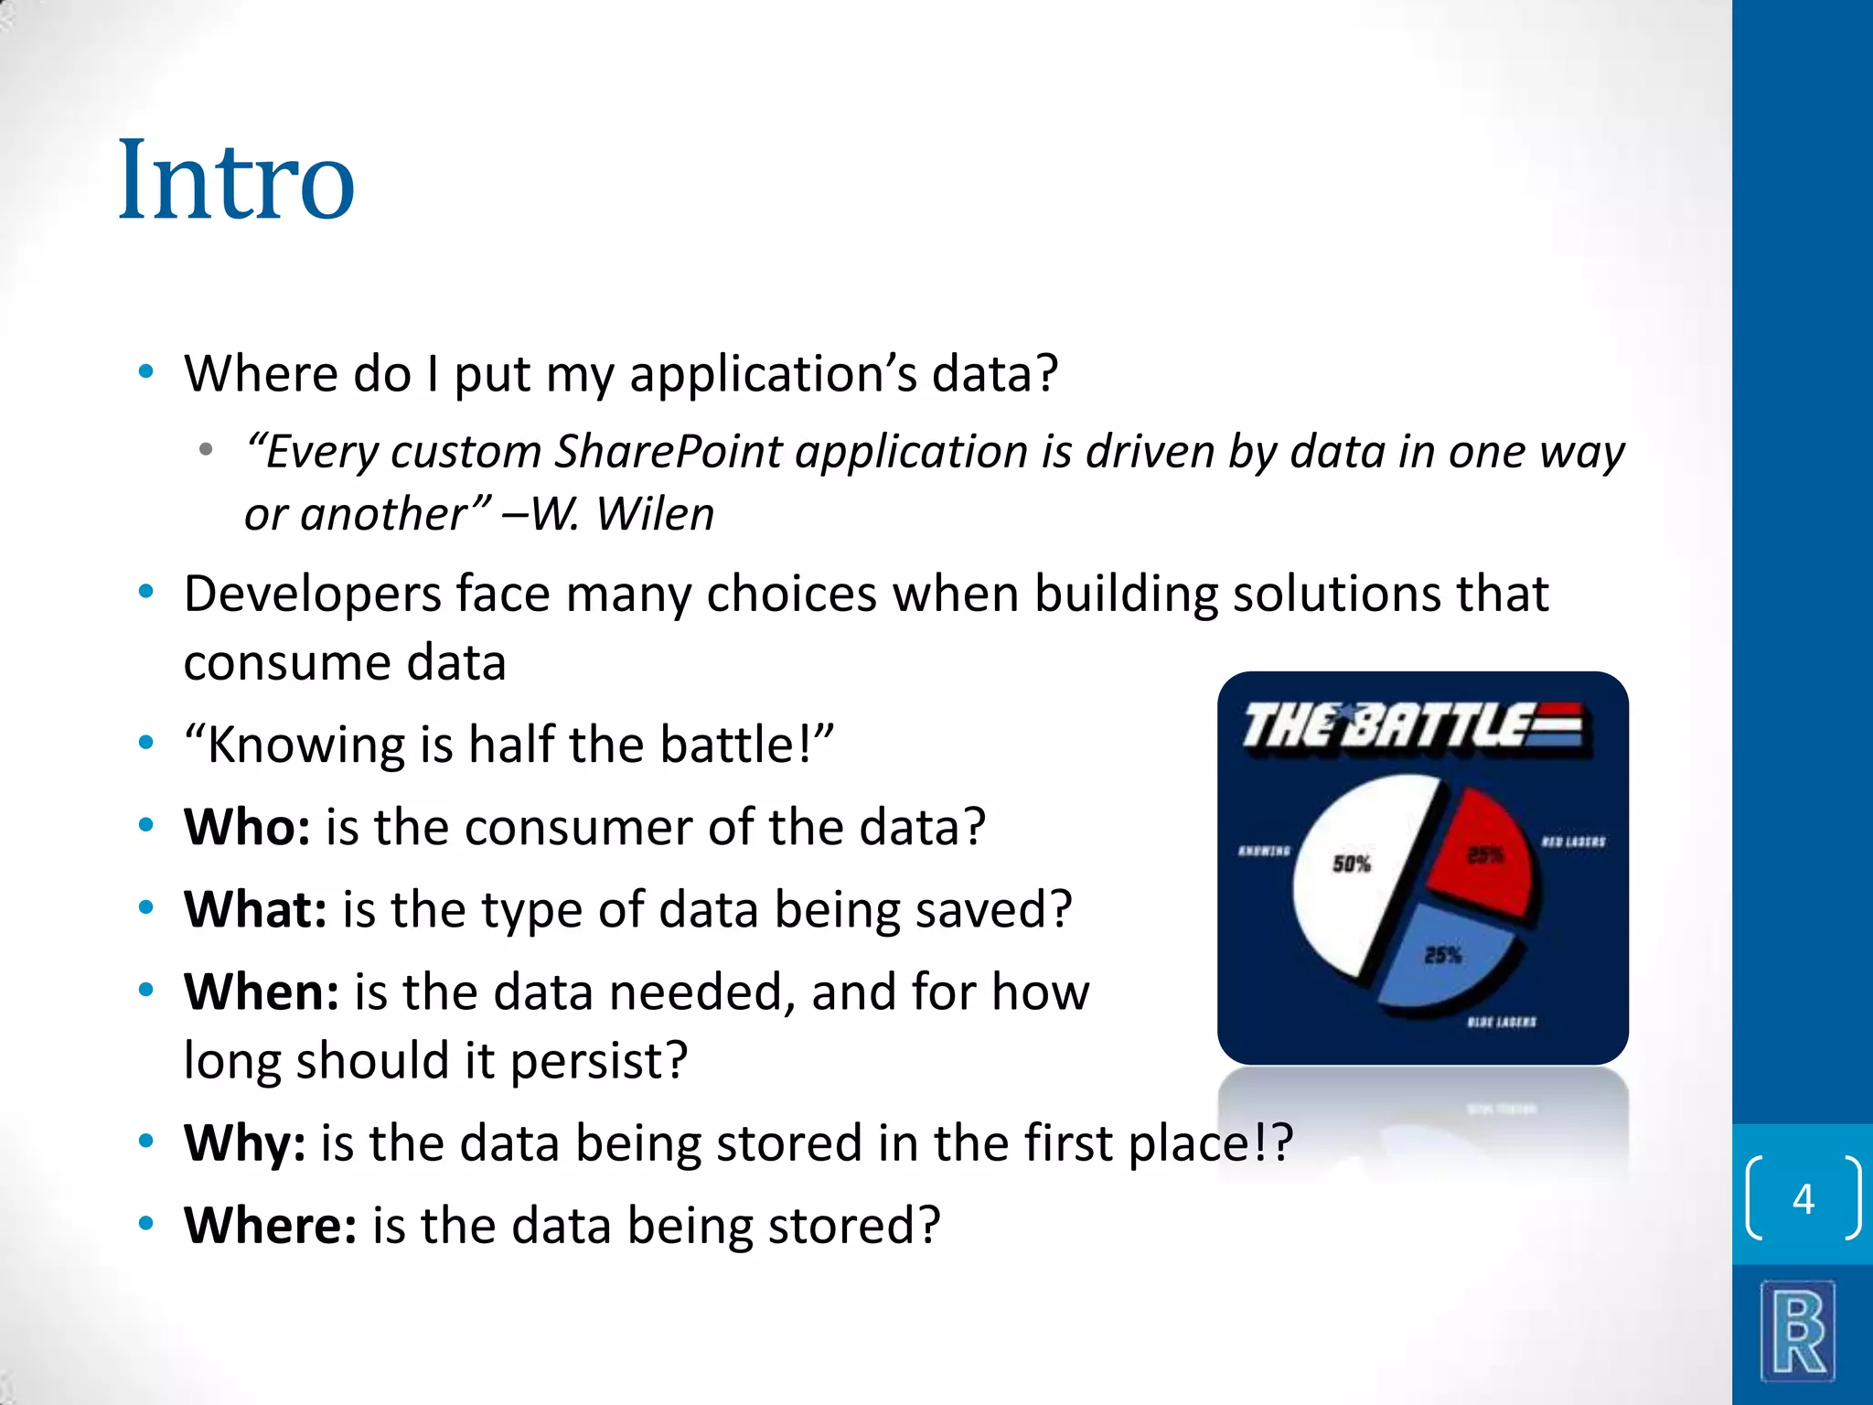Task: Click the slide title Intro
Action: tap(236, 181)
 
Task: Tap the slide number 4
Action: tap(1803, 1198)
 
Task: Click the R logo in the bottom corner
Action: tap(1798, 1332)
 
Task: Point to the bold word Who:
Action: tap(247, 828)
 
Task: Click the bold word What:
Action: tap(255, 910)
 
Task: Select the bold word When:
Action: tap(262, 992)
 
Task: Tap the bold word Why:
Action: tap(244, 1143)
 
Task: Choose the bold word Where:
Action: tap(270, 1226)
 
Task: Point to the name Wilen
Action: tap(655, 514)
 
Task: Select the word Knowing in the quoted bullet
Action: tap(305, 745)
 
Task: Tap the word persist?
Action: tap(598, 1061)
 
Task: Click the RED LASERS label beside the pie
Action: tap(1573, 842)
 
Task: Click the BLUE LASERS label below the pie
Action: tap(1501, 1022)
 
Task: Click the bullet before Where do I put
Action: tap(145, 372)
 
